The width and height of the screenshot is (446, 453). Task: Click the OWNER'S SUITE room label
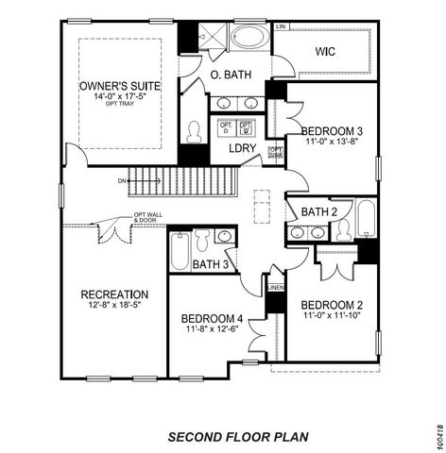coord(119,86)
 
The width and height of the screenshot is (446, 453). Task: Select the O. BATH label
coord(230,75)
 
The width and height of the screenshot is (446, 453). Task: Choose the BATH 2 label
coord(321,211)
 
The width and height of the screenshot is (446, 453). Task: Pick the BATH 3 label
coord(210,264)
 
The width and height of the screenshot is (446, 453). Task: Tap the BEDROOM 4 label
coord(213,318)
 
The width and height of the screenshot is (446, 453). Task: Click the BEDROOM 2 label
coord(332,305)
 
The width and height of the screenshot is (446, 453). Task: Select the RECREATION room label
coord(113,294)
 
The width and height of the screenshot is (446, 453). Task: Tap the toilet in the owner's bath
coord(195,130)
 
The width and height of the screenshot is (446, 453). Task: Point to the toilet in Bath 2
coord(342,229)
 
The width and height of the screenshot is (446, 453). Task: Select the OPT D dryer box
coord(226,128)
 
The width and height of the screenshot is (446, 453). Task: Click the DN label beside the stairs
coord(122,179)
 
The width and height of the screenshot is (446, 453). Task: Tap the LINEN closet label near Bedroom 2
coord(275,287)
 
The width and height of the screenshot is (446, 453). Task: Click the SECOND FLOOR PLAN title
coord(237,411)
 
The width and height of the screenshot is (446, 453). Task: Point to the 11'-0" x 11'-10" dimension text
coord(332,317)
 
